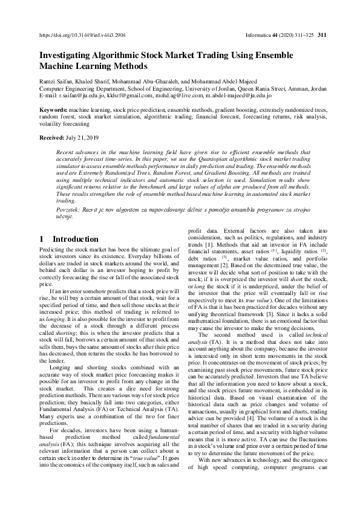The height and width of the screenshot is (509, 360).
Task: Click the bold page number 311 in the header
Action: coord(322,36)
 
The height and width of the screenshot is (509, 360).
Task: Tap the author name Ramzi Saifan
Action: coord(56,81)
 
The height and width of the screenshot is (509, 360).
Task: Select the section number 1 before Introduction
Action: coord(42,239)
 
